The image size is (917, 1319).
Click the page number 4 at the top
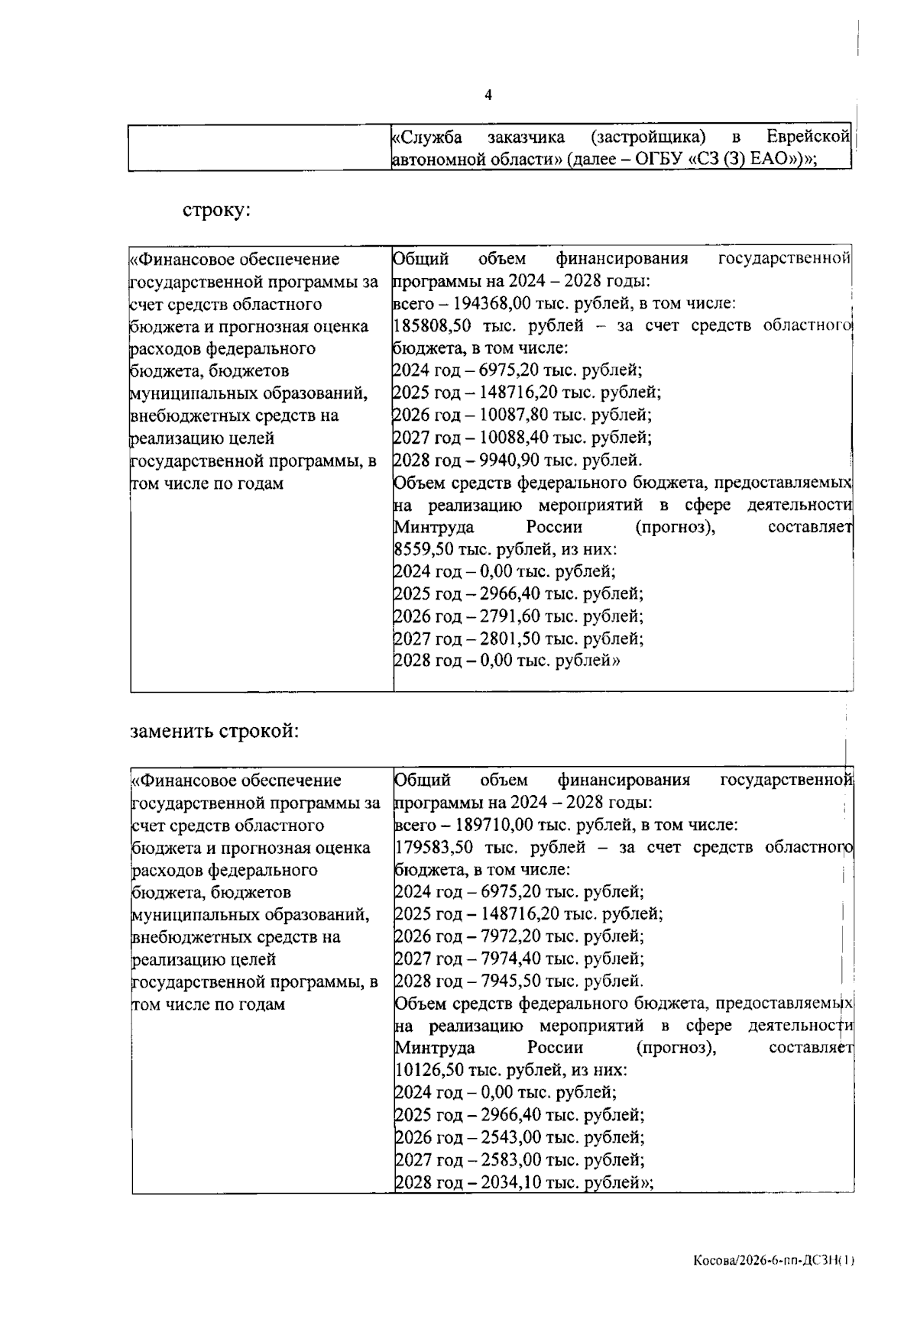pyautogui.click(x=488, y=95)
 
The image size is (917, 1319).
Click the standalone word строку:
pyautogui.click(x=216, y=210)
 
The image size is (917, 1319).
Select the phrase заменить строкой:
pyautogui.click(x=215, y=731)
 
